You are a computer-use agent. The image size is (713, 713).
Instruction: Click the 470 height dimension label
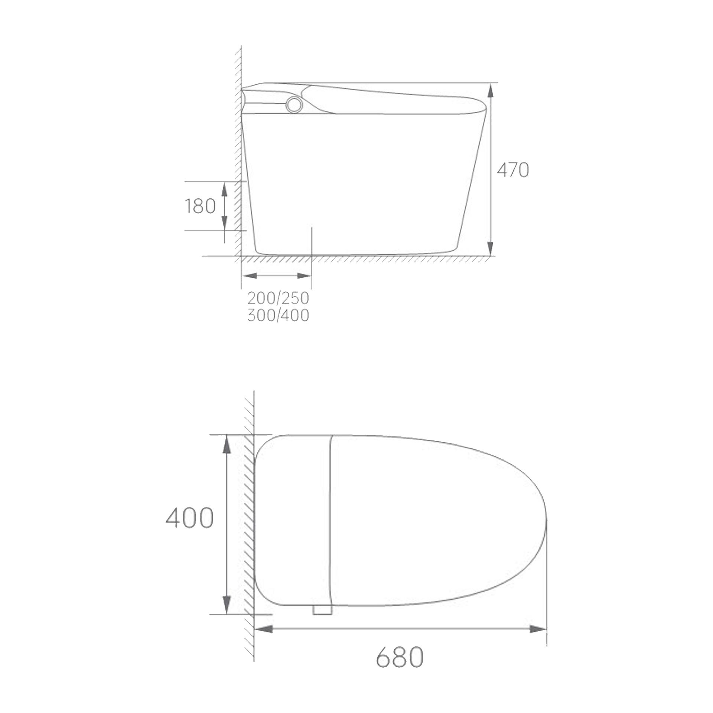coord(512,170)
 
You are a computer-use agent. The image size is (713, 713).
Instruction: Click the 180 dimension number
coord(200,206)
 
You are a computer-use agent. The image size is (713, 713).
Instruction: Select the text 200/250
coord(278,298)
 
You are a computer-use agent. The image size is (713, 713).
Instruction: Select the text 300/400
coord(278,315)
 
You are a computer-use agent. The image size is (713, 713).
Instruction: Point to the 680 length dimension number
coord(400,657)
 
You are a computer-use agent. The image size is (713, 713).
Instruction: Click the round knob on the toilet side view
coord(294,105)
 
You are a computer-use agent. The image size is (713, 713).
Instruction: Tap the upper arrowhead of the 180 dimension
coord(224,189)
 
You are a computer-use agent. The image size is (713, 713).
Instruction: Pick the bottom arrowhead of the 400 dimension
coord(226,605)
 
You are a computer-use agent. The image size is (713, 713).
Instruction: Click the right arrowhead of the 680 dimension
coord(538,629)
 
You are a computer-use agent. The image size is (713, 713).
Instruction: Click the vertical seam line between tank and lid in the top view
coord(331,520)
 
